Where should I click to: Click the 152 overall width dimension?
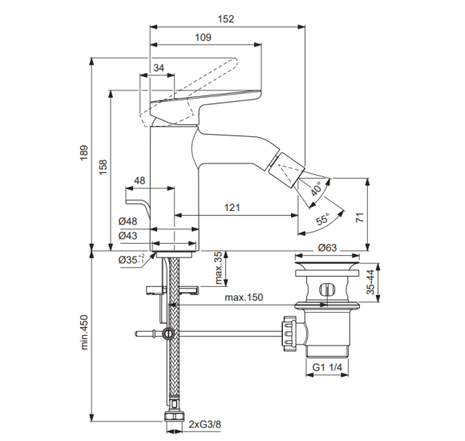coord(226,19)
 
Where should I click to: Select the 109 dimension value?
coord(203,38)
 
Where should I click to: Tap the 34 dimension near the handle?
coord(159,68)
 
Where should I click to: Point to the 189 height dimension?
coord(84,152)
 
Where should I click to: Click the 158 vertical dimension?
coord(103,167)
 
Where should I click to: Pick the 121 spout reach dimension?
coord(232,208)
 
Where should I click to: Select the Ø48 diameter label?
coord(127,221)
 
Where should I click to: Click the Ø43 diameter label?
coord(127,236)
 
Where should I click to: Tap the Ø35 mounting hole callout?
coord(131,259)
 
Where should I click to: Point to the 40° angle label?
coord(317,189)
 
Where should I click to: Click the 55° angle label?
coord(322,220)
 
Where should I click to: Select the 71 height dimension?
coord(360,217)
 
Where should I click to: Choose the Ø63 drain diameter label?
coord(327,248)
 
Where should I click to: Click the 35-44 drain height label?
coord(370,282)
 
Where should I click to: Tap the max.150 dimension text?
coord(244,297)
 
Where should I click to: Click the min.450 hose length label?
coord(84,332)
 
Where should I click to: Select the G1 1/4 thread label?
coord(327,367)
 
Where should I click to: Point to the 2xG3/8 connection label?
coord(205,424)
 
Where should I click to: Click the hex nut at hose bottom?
coord(174,416)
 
